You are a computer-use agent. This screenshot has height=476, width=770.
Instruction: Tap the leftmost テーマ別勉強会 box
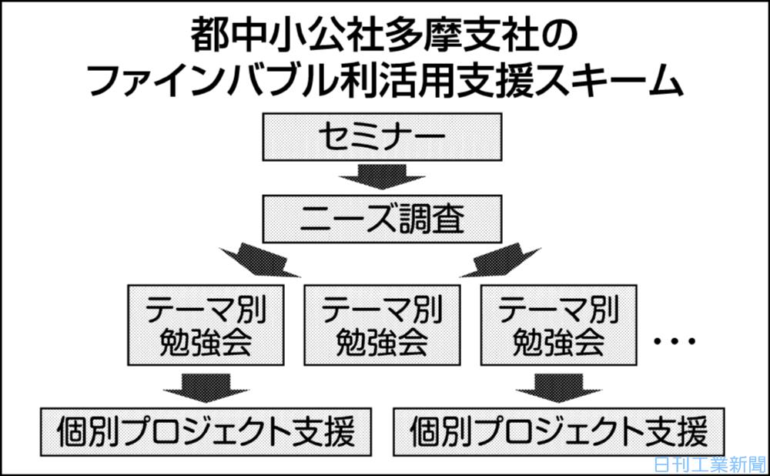pyautogui.click(x=206, y=325)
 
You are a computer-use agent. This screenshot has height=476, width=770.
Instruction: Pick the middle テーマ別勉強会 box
pyautogui.click(x=382, y=325)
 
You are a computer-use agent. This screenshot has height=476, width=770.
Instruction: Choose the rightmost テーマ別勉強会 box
pyautogui.click(x=558, y=325)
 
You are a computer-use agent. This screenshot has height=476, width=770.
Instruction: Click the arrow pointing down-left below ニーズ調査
pyautogui.click(x=263, y=260)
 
